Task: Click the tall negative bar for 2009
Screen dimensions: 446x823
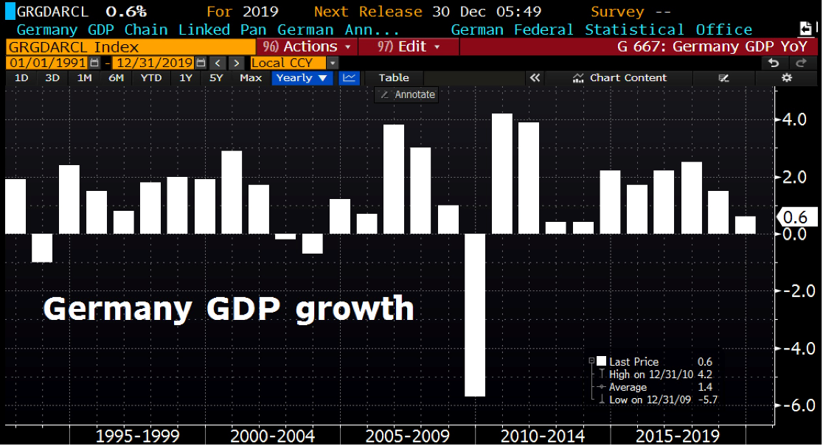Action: click(x=475, y=315)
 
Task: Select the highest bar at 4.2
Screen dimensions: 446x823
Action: click(x=502, y=173)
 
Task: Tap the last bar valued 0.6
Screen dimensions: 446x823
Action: click(x=745, y=225)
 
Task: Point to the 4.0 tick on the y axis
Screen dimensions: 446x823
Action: click(x=794, y=119)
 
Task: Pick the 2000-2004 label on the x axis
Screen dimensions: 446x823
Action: click(x=273, y=436)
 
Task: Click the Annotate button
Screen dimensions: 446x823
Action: click(x=407, y=94)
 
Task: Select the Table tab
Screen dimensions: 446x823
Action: click(x=394, y=77)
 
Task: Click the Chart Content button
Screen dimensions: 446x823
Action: click(x=619, y=77)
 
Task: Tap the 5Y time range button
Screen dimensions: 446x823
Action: click(x=215, y=77)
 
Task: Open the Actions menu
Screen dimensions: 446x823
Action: click(x=310, y=46)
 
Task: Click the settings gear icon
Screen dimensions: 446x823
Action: click(x=787, y=77)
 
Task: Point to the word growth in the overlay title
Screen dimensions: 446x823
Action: click(x=355, y=308)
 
